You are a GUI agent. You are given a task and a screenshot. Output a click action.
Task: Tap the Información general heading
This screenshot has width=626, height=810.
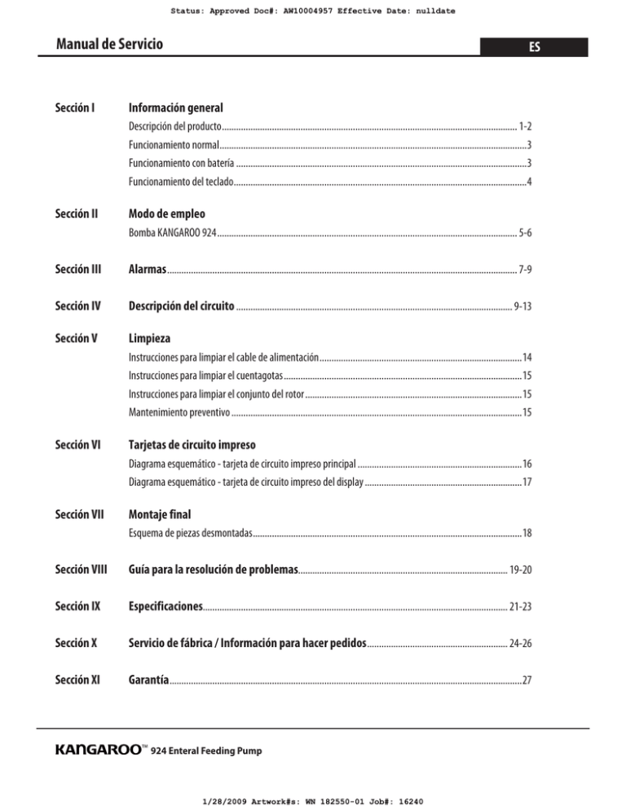176,108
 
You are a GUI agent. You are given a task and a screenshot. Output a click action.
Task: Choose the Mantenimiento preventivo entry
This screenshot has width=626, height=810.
179,412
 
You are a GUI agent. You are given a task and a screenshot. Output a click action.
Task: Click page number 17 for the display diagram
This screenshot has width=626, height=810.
527,482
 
